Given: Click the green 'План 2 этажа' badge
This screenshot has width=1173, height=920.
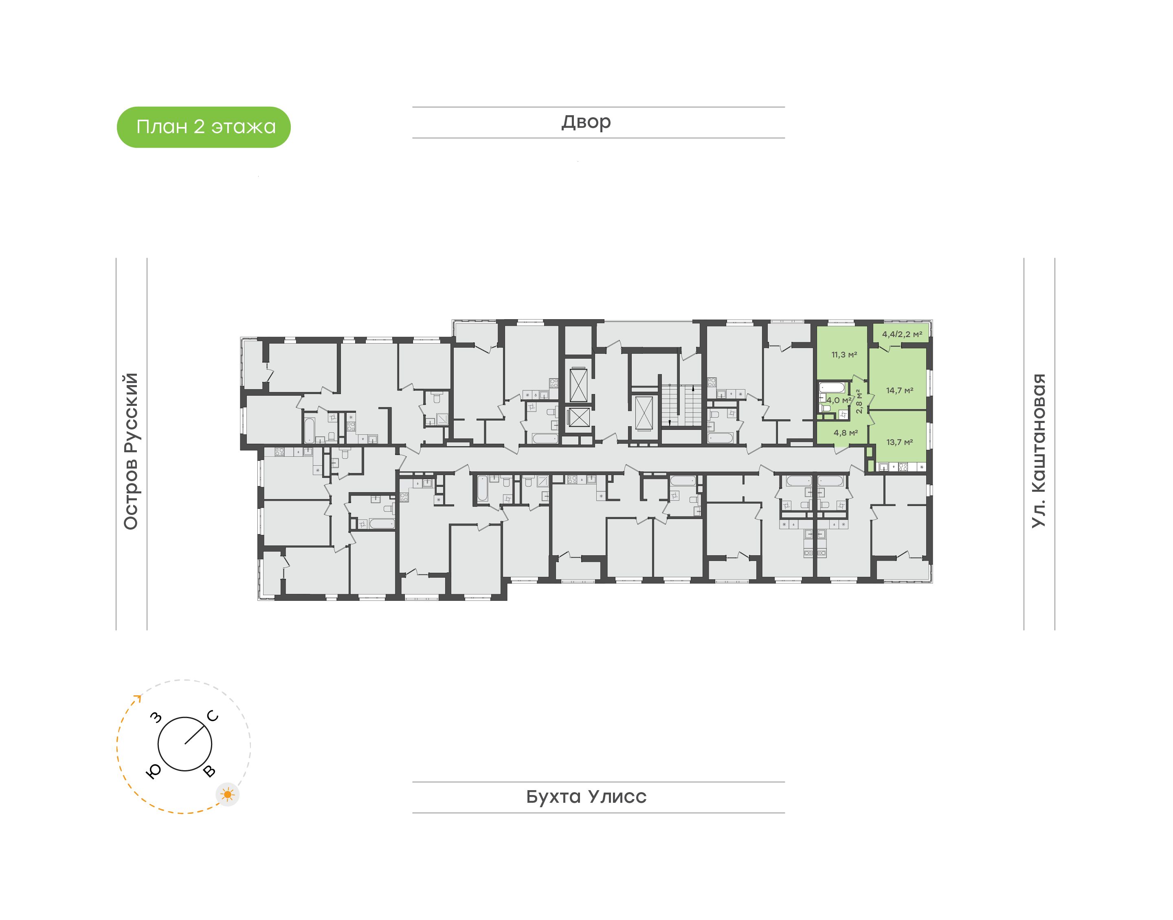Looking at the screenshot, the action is pos(204,127).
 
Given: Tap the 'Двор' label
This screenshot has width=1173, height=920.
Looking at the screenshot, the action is pos(586,122).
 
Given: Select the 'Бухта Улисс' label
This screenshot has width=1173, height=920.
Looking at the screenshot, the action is pos(586,797).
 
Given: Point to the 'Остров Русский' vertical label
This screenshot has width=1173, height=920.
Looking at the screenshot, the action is pos(131,451).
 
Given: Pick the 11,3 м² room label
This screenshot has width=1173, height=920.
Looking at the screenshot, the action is pos(844,355).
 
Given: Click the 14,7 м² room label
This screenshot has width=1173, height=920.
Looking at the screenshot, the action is pos(900,390).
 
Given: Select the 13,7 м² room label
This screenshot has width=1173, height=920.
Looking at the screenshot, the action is pos(900,442).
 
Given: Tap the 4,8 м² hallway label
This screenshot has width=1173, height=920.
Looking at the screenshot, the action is pos(846,433).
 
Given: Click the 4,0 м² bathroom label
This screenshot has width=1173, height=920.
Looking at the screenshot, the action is pos(839,400).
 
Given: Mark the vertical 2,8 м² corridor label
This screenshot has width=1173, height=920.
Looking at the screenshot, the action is pos(859,401).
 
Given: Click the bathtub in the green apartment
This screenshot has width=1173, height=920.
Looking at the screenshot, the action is pos(833,387).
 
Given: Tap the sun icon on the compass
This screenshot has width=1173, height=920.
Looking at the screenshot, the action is pos(228,795).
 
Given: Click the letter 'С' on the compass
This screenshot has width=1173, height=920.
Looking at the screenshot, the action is pos(213,716).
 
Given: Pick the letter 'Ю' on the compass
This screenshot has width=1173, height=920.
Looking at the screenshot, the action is pos(154,772).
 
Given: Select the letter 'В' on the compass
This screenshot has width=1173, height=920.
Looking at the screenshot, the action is pos(210,771).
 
